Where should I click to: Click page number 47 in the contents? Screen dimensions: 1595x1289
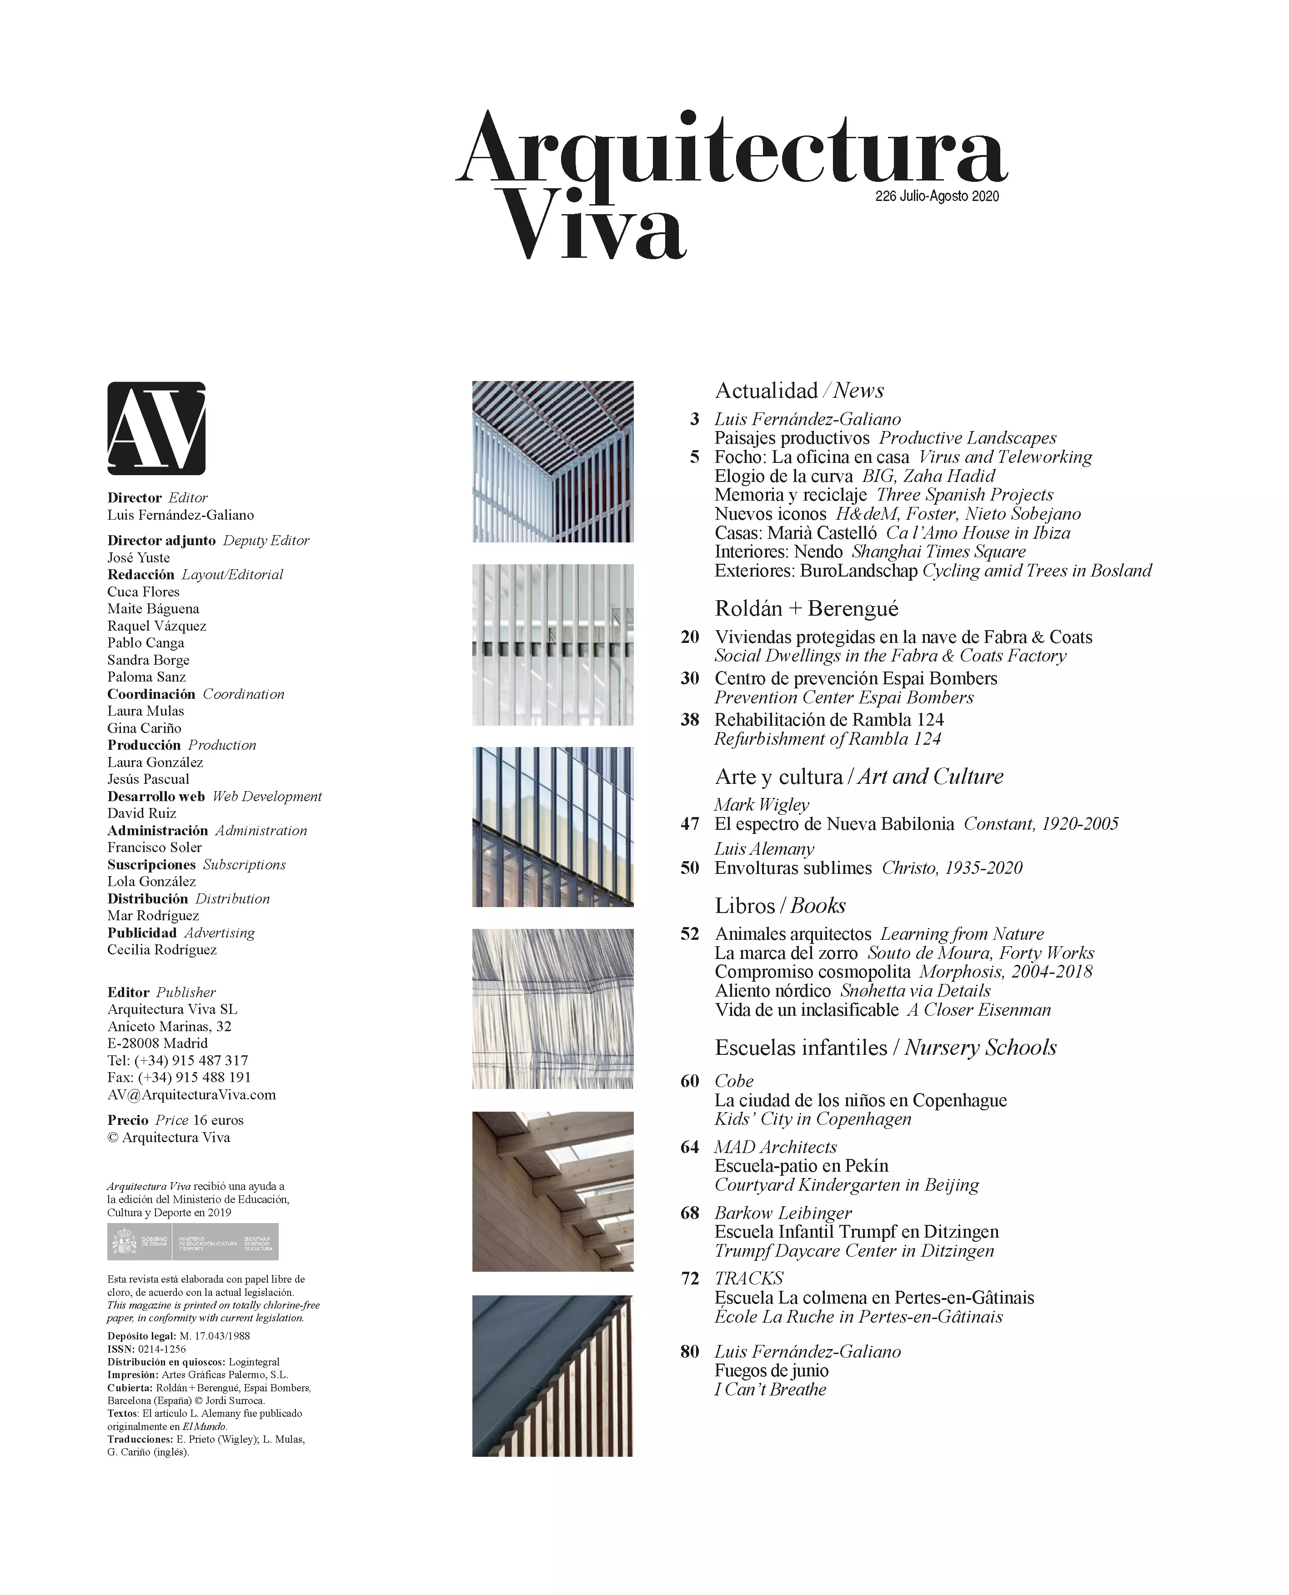(690, 824)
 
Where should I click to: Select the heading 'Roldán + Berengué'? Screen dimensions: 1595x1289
(807, 609)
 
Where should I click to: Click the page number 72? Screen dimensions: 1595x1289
(690, 1279)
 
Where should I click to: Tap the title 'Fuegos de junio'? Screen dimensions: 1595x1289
(772, 1371)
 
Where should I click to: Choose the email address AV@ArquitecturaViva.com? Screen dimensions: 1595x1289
(191, 1094)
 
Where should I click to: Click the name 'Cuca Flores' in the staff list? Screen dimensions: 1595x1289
(143, 592)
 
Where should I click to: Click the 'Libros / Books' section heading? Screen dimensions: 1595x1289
(780, 906)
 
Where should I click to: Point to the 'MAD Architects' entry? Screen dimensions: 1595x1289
(775, 1147)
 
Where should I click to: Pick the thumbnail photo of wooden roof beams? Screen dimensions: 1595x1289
(552, 1191)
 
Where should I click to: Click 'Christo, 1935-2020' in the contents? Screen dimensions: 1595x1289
(952, 868)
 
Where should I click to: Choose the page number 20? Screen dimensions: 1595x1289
(690, 637)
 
